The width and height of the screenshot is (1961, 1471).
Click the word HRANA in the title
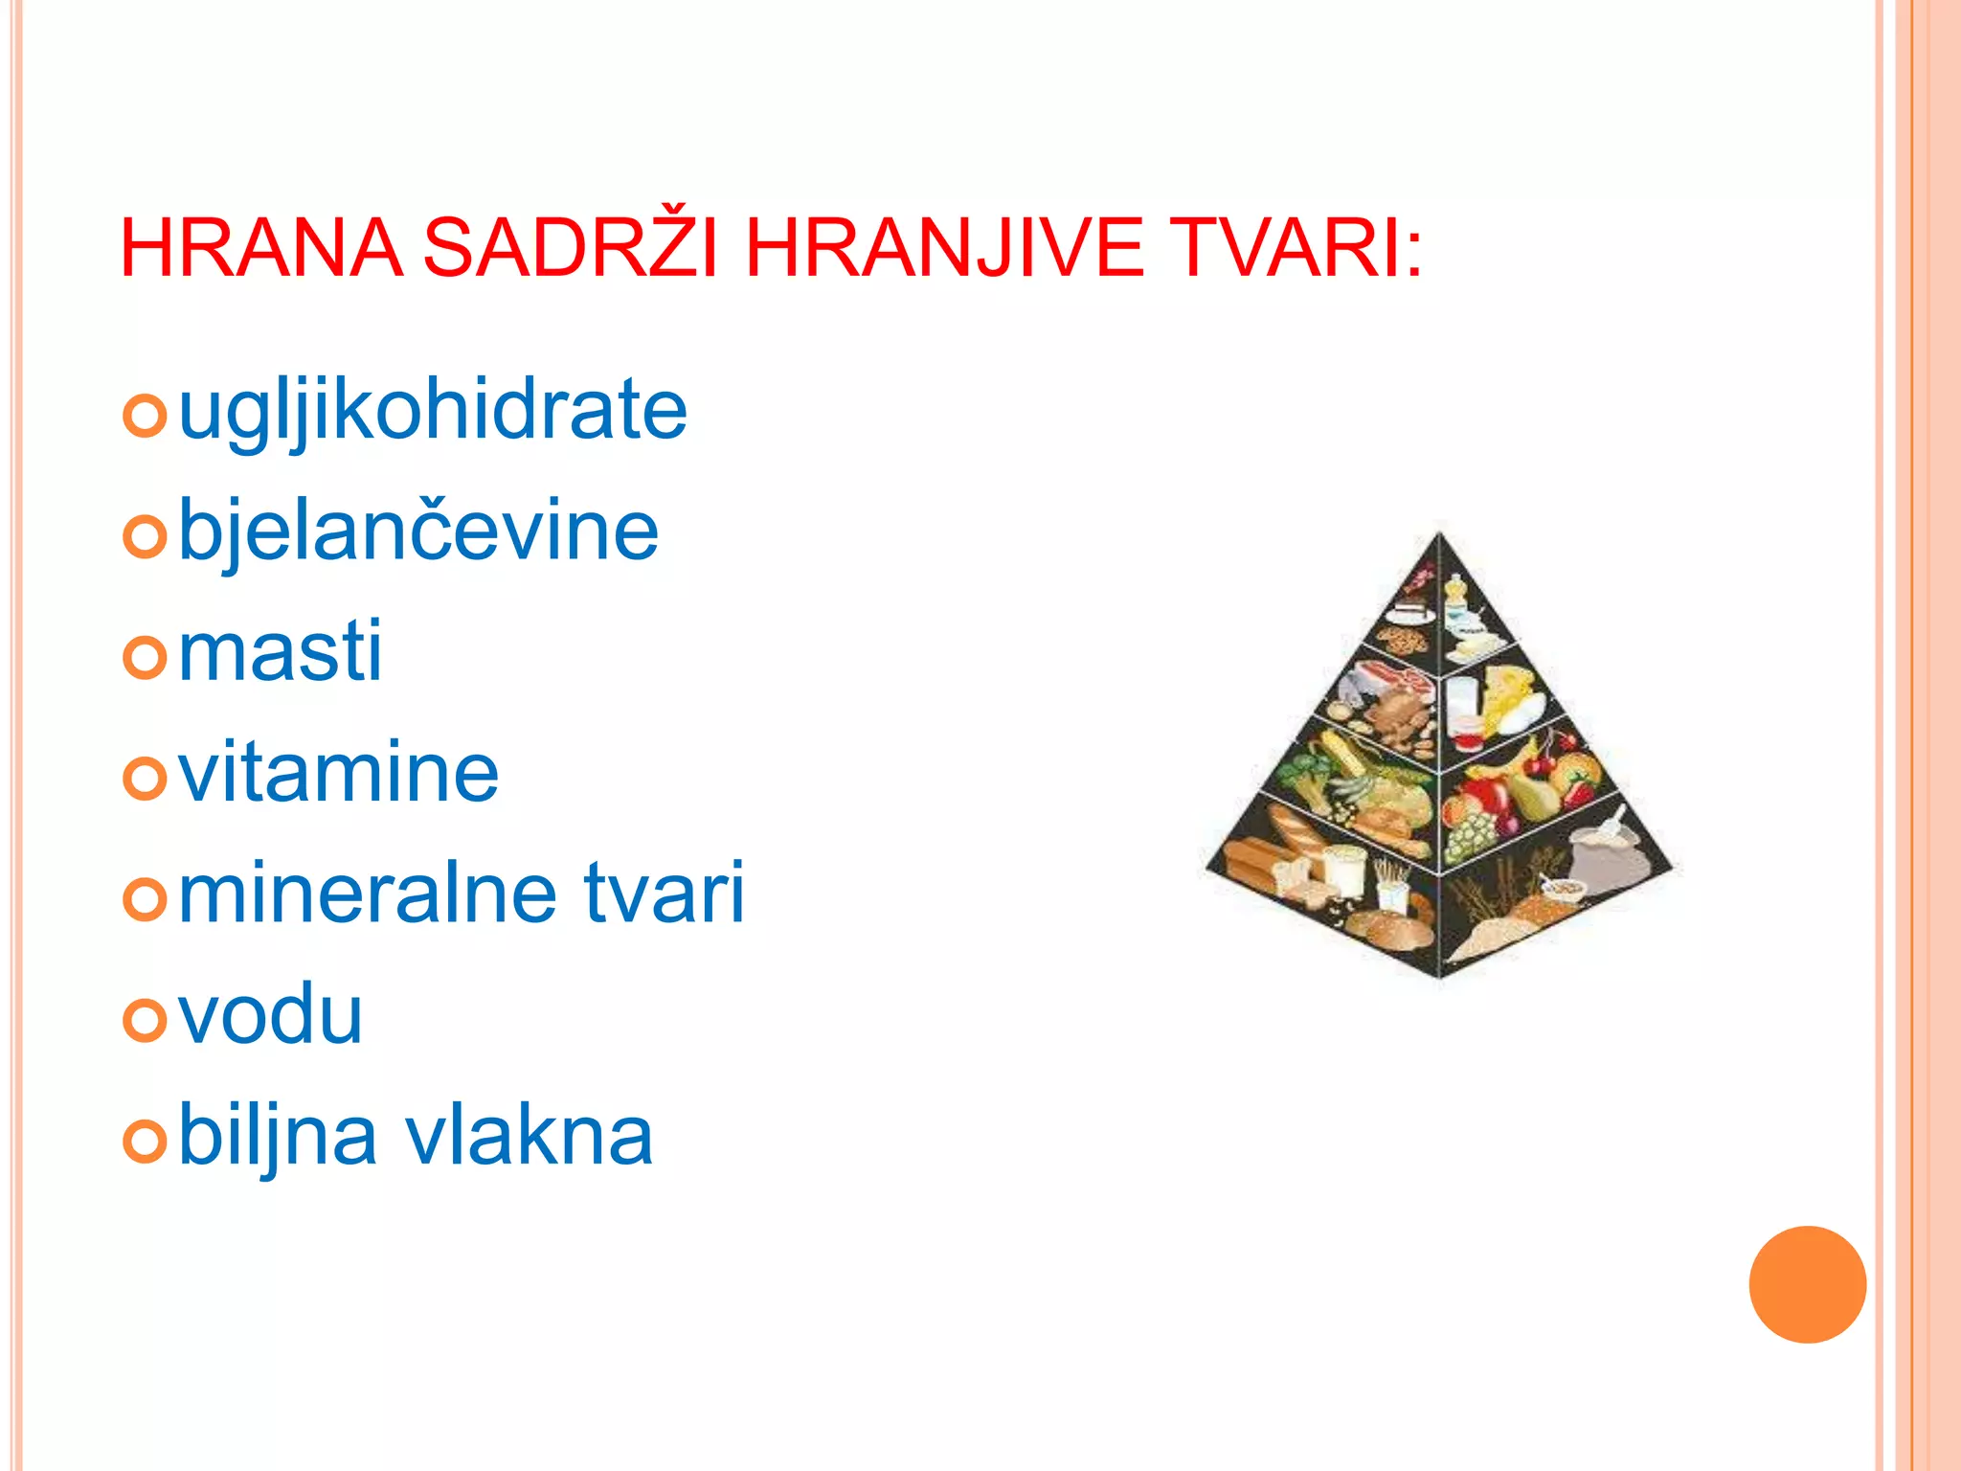(260, 249)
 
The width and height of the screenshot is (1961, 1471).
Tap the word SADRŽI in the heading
(571, 247)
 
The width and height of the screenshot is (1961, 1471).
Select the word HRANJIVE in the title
(944, 249)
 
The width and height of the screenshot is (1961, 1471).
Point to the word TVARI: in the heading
(1297, 249)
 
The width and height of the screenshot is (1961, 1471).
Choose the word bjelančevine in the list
(418, 532)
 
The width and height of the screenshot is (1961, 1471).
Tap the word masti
(281, 652)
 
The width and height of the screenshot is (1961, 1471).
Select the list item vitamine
(339, 773)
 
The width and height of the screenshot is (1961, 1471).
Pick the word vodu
(271, 1014)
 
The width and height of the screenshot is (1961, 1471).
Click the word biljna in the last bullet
(278, 1138)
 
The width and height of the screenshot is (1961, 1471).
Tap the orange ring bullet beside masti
(146, 658)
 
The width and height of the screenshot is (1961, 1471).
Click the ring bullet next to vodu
(146, 1020)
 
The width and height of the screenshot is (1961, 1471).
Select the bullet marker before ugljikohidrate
(146, 417)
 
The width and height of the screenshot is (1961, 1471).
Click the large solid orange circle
(1807, 1284)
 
